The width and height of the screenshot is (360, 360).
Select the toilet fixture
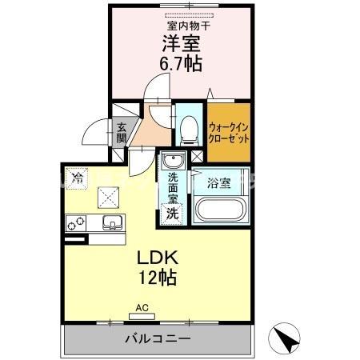[x=189, y=126]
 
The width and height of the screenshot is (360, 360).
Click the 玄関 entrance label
[x=122, y=131]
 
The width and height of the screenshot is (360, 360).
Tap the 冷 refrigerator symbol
[x=77, y=178]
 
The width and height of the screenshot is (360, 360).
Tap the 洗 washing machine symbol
[x=171, y=214]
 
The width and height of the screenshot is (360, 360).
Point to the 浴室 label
[x=218, y=183]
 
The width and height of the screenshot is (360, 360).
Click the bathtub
[x=218, y=210]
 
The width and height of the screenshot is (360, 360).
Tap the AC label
[x=142, y=307]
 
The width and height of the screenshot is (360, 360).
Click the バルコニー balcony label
[x=157, y=339]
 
